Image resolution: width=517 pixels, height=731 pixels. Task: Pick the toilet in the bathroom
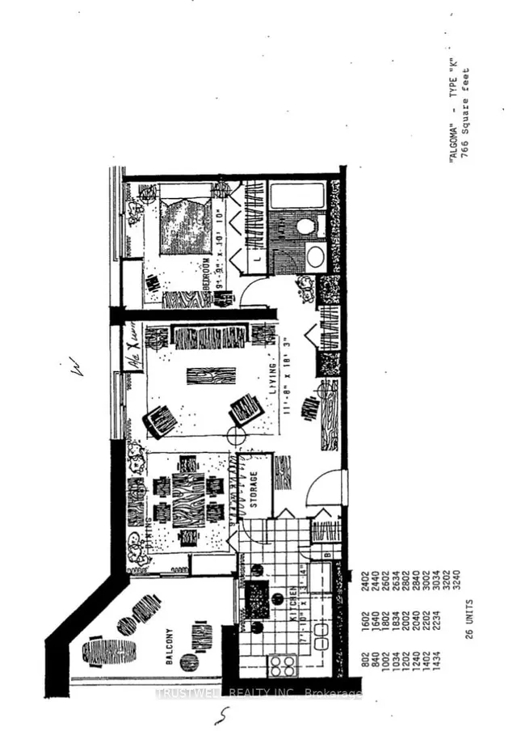click(305, 226)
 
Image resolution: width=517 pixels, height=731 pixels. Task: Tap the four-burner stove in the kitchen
click(282, 665)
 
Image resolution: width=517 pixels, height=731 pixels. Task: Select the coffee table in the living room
click(212, 376)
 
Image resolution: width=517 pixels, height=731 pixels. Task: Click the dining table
click(188, 498)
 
